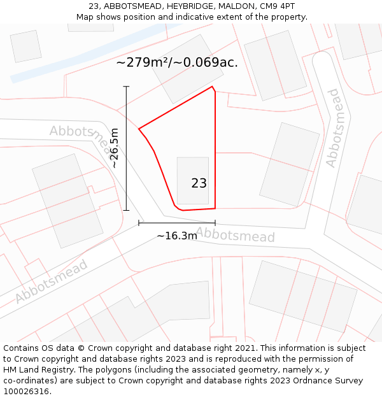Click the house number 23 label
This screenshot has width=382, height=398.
(199, 183)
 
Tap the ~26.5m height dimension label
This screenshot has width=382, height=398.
(114, 148)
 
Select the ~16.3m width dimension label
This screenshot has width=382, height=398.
(177, 236)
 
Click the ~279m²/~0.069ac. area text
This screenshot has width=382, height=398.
(177, 62)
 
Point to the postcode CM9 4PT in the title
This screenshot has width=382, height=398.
(278, 6)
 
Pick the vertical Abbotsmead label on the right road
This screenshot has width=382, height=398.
(332, 128)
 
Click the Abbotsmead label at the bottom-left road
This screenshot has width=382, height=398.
(51, 281)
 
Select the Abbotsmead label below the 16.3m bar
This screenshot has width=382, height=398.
(236, 234)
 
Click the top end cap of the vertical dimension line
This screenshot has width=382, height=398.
(126, 87)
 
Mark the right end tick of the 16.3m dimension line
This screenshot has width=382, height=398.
(215, 223)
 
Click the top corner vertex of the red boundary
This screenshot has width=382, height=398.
(212, 87)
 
